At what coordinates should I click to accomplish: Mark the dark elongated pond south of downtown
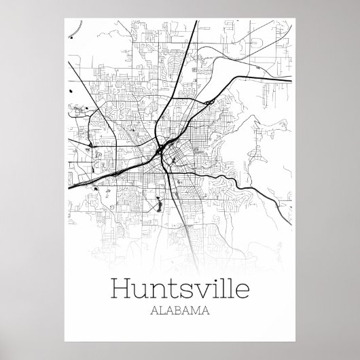click(157, 202)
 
